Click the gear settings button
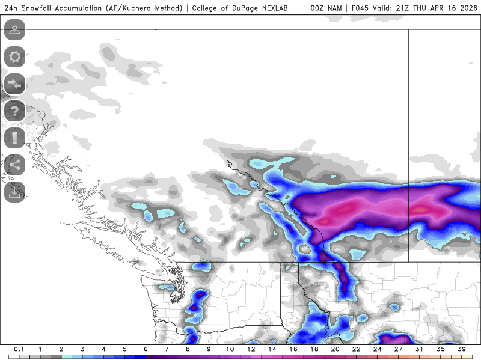tap(14, 57)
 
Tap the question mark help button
tap(14, 111)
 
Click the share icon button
tap(14, 164)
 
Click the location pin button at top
tap(14, 30)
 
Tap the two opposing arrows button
tap(14, 84)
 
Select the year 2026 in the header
tap(465, 8)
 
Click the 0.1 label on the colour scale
tap(19, 349)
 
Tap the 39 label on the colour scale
tap(461, 349)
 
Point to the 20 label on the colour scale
tap(335, 349)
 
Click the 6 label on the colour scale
tap(145, 349)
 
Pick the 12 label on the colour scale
tap(251, 349)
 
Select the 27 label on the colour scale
tap(398, 349)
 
